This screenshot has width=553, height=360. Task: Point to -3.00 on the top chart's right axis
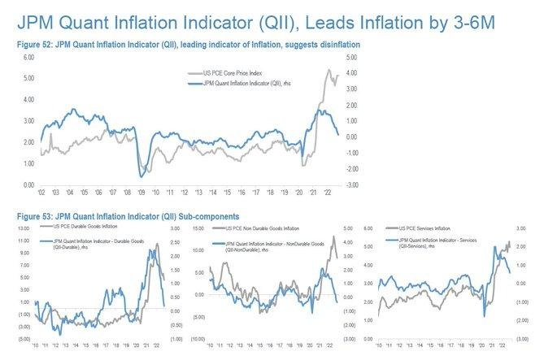point(351,185)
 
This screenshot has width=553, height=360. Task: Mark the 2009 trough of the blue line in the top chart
point(142,176)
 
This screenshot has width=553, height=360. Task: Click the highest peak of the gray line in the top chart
point(329,71)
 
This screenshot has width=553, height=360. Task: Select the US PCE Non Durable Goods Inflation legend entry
point(268,229)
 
